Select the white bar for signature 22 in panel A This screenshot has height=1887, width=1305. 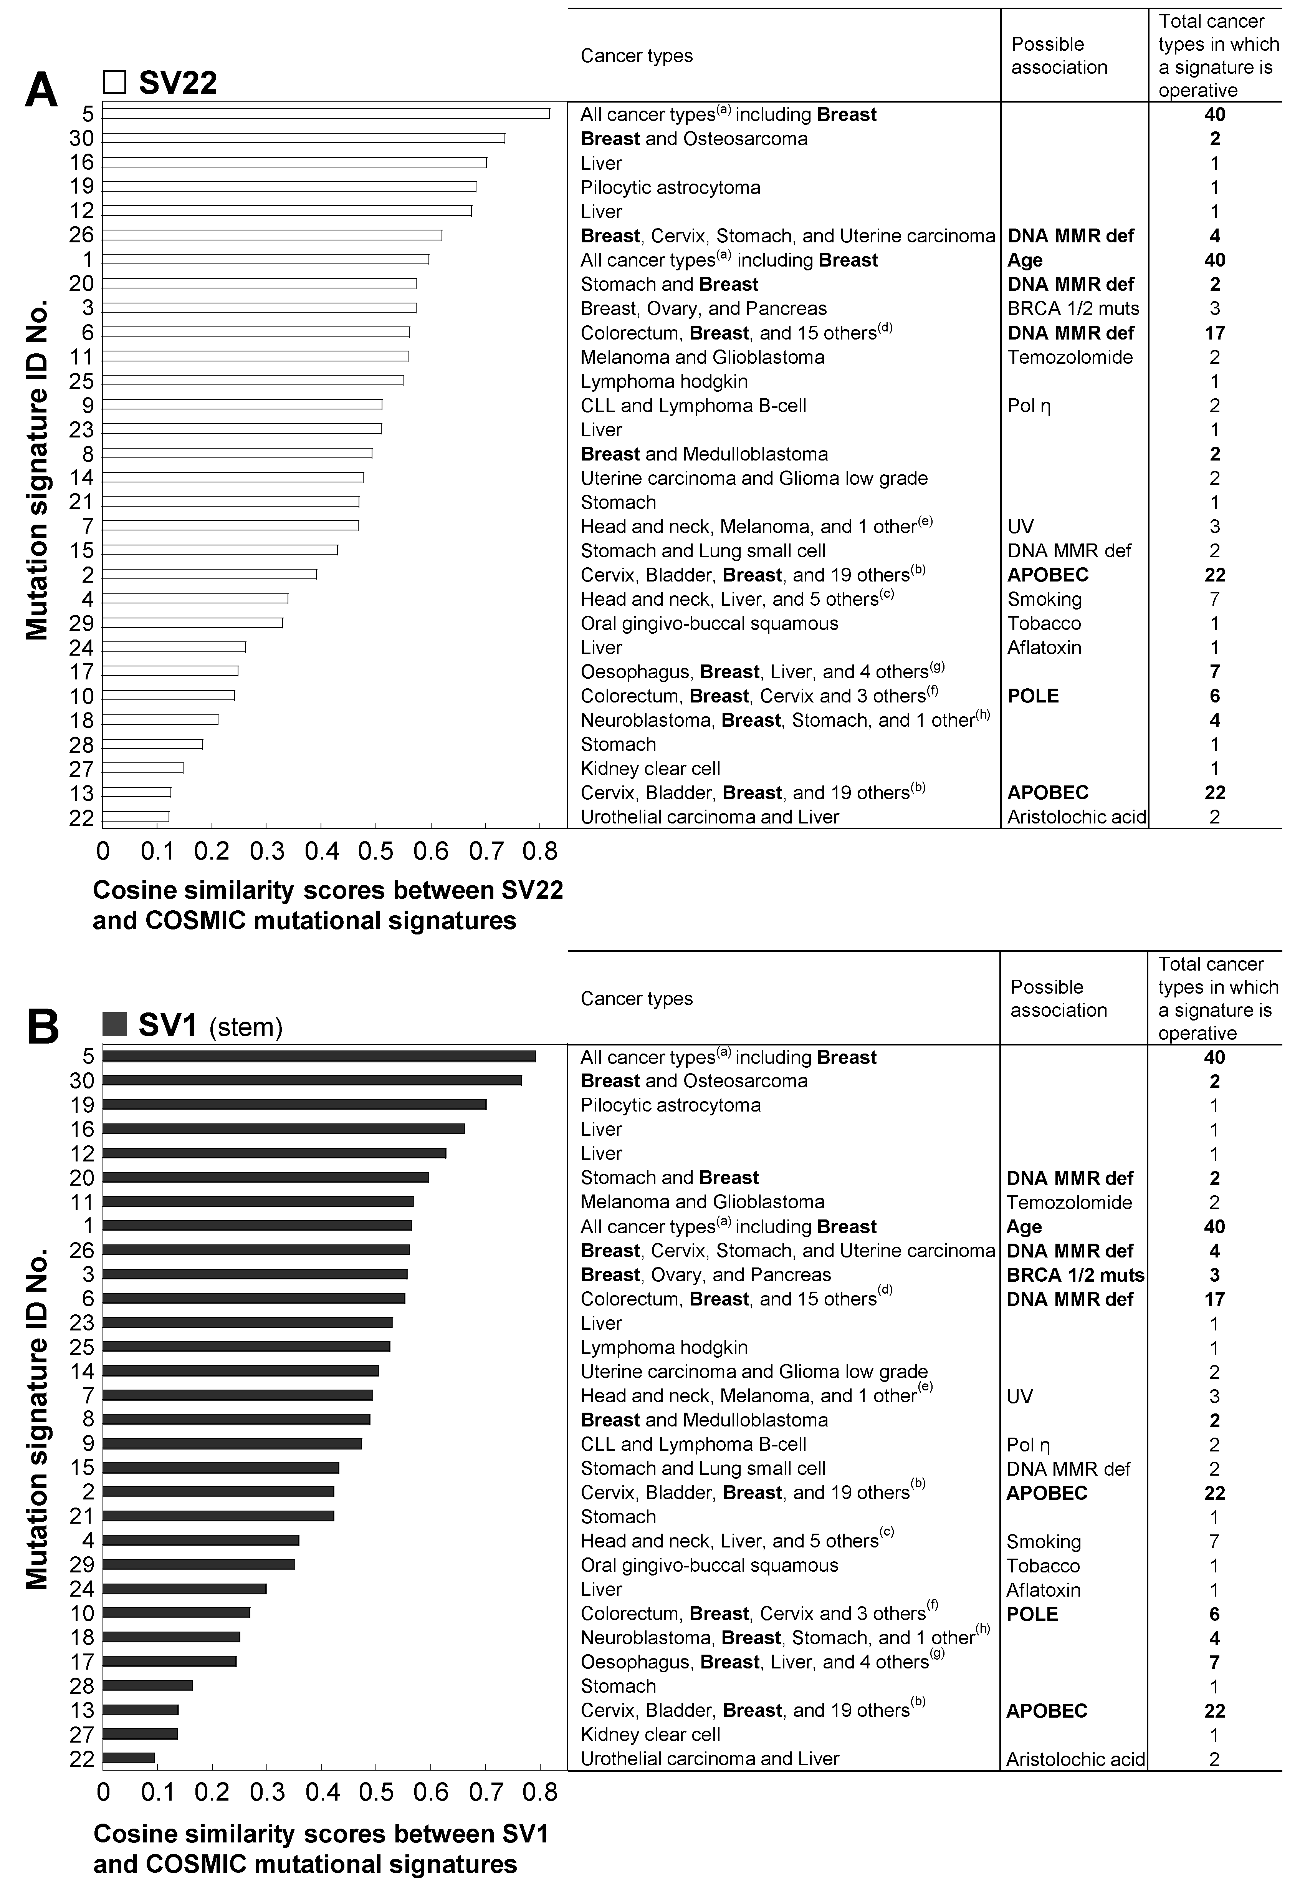(136, 816)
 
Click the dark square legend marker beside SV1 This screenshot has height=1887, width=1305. (114, 1024)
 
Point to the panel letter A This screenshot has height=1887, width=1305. (41, 90)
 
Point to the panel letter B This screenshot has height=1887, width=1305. (43, 1028)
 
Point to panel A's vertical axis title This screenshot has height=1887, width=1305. (37, 471)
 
